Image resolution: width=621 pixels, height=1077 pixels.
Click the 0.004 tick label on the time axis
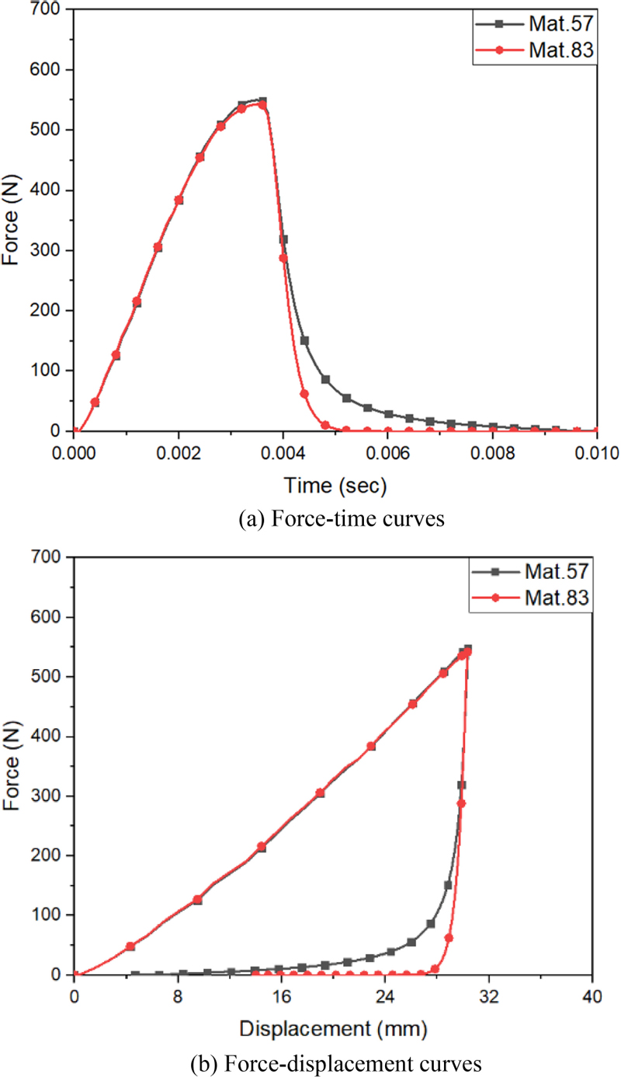[283, 451]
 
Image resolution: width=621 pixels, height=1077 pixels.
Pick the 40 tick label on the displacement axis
[593, 995]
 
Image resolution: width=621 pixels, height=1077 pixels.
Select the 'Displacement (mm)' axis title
[334, 1030]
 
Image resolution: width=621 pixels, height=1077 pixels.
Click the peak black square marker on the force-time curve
[262, 101]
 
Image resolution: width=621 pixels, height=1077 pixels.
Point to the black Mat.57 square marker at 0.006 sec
[388, 414]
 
